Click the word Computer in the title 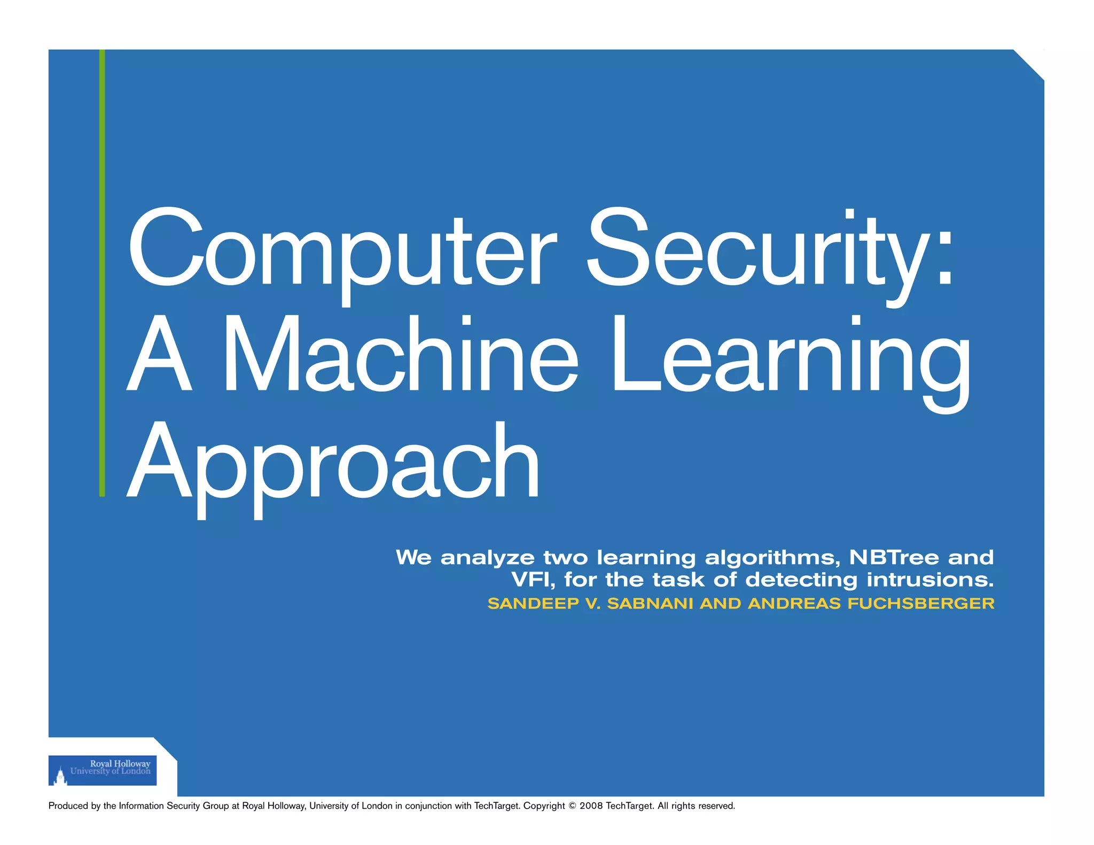pos(342,251)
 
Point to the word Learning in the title pos(791,358)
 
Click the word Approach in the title pos(334,462)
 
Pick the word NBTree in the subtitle pos(894,558)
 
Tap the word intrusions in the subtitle pos(929,580)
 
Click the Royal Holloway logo pos(103,770)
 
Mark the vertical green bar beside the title pos(102,272)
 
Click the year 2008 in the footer pos(591,806)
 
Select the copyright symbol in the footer pos(572,806)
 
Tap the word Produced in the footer pos(68,806)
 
